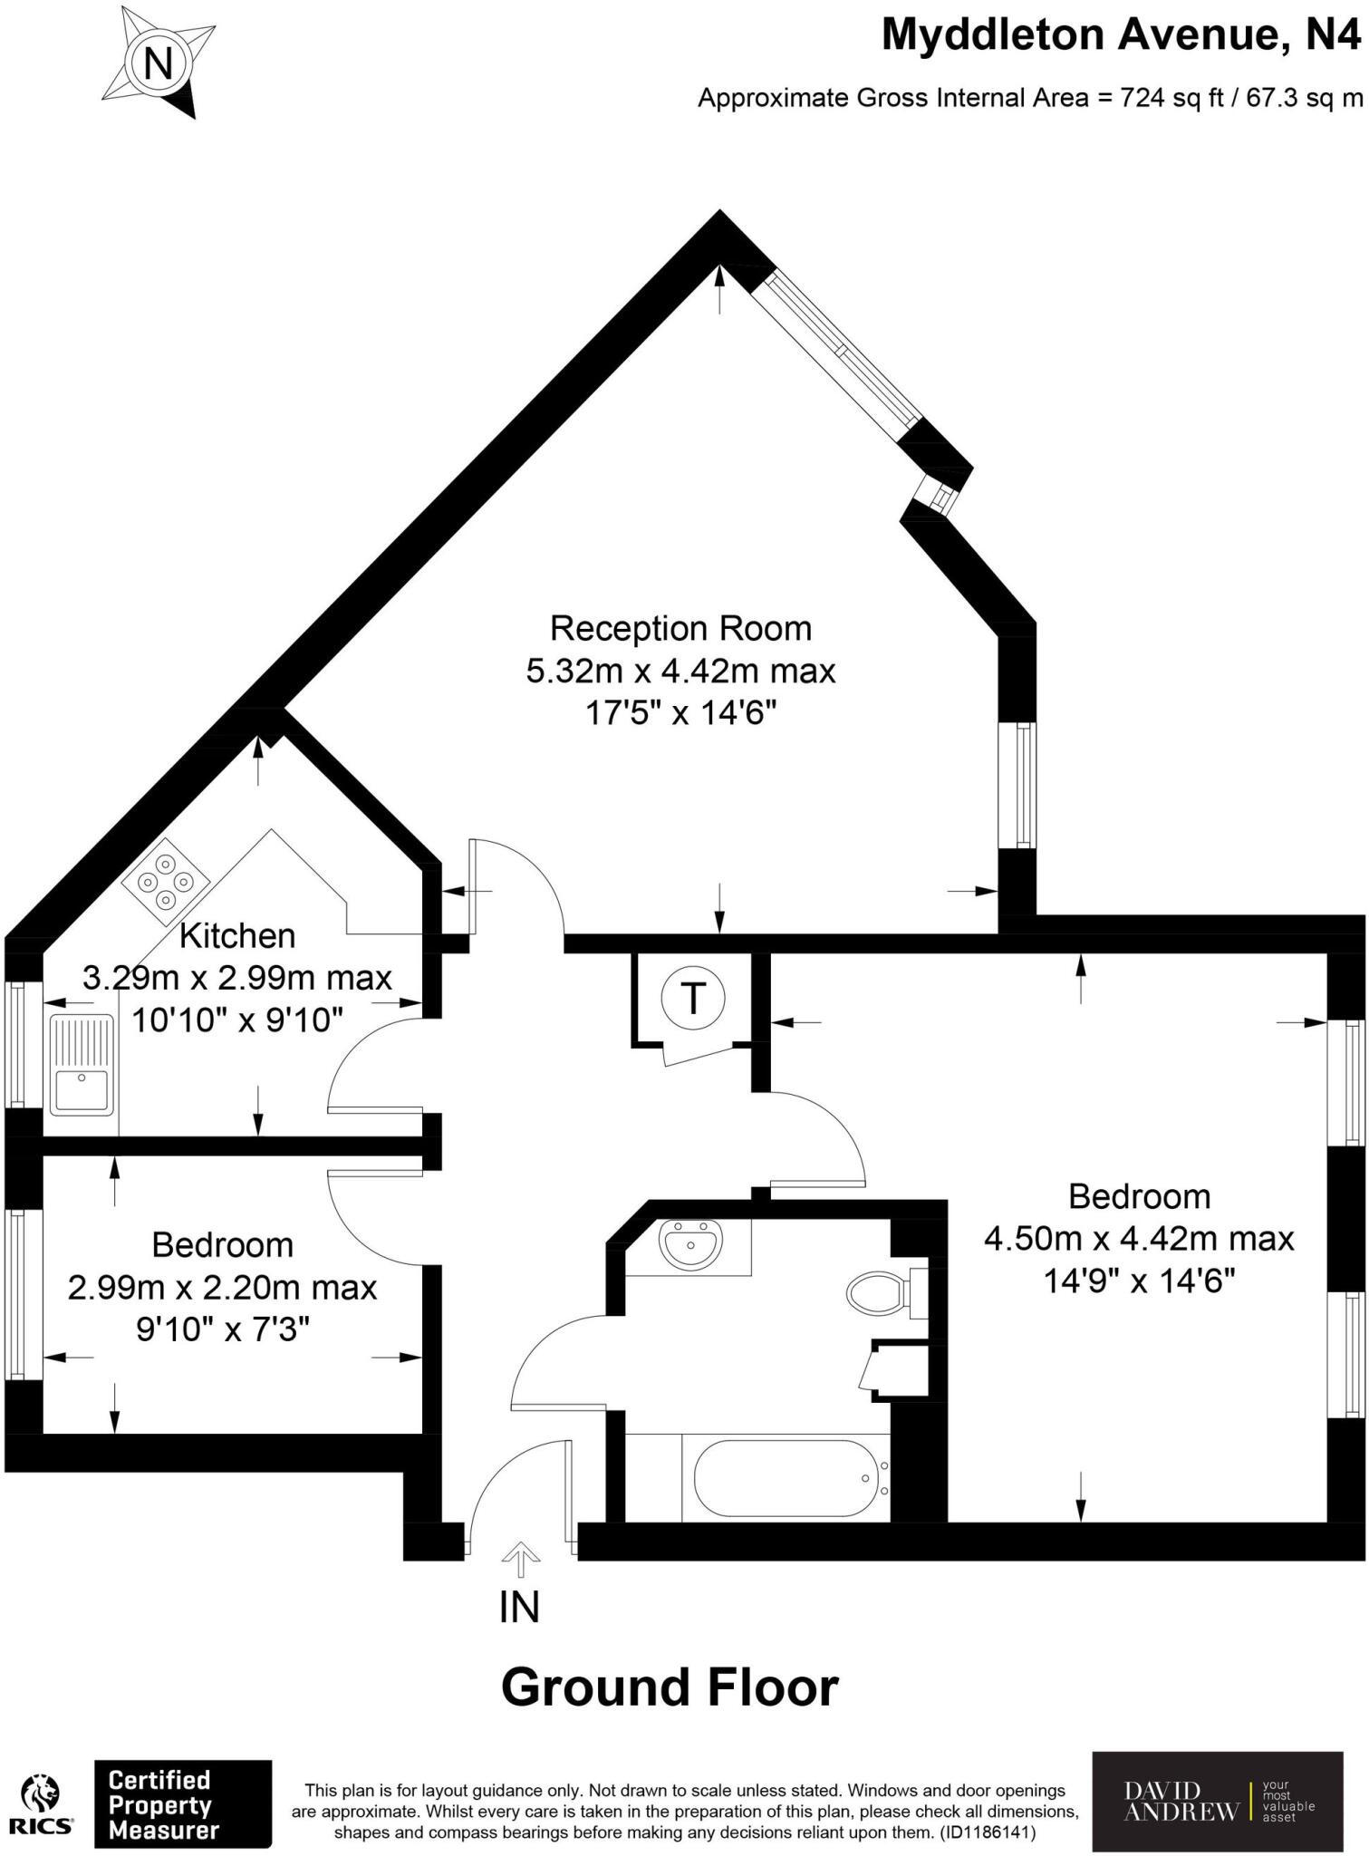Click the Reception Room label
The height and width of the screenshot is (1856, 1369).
coord(680,628)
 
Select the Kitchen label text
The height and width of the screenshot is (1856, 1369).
coord(237,935)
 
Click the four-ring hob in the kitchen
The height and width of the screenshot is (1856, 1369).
coord(166,878)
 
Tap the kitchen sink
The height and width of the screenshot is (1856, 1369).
coord(82,1065)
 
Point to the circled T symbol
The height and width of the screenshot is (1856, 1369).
coord(693,999)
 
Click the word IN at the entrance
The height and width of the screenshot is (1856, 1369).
coord(519,1607)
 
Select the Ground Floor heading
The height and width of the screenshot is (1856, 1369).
coord(670,1687)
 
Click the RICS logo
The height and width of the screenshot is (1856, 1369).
coord(42,1803)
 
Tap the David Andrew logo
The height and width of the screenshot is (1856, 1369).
coord(1217,1802)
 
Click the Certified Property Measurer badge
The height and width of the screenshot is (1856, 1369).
coord(183,1803)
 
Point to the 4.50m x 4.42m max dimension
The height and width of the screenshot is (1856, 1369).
coord(1139,1238)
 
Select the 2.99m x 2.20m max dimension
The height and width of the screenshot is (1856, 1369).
coord(222,1287)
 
